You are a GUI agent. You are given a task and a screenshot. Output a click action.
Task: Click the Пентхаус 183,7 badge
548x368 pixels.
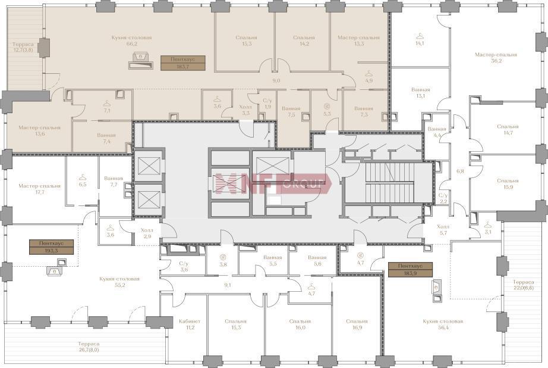pos(183,63)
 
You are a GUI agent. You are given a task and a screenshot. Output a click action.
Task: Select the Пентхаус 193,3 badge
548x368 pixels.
pos(51,247)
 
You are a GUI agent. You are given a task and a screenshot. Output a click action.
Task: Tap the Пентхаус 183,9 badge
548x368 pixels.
pos(410,269)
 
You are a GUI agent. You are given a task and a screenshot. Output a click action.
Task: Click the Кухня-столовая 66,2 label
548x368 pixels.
pos(131,40)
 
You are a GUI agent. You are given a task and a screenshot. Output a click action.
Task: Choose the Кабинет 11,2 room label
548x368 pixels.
pos(190,324)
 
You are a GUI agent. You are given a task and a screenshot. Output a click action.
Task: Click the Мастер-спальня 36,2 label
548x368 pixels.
pos(496,57)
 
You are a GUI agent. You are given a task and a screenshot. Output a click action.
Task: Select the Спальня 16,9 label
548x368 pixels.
pos(357,324)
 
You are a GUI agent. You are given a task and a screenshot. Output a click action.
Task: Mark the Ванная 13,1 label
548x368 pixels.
pos(420,93)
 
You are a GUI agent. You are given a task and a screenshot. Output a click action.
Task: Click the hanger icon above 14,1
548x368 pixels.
pos(420,36)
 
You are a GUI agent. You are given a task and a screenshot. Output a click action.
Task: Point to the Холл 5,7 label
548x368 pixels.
pos(443,229)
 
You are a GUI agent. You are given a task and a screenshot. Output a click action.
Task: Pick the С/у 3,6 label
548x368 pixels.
pos(184,266)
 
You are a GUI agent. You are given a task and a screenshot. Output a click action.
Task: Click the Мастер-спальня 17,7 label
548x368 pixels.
pos(39,189)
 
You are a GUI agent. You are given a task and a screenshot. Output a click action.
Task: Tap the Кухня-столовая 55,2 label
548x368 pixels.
pos(119,282)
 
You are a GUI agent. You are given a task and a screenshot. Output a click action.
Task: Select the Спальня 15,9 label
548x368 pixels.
pos(508,184)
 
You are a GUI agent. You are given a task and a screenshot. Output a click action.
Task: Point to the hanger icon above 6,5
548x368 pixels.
pos(83,177)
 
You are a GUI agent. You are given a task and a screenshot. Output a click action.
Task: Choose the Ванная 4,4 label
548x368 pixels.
pos(436,132)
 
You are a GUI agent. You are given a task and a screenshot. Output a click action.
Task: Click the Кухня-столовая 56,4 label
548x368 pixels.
pos(443,324)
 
